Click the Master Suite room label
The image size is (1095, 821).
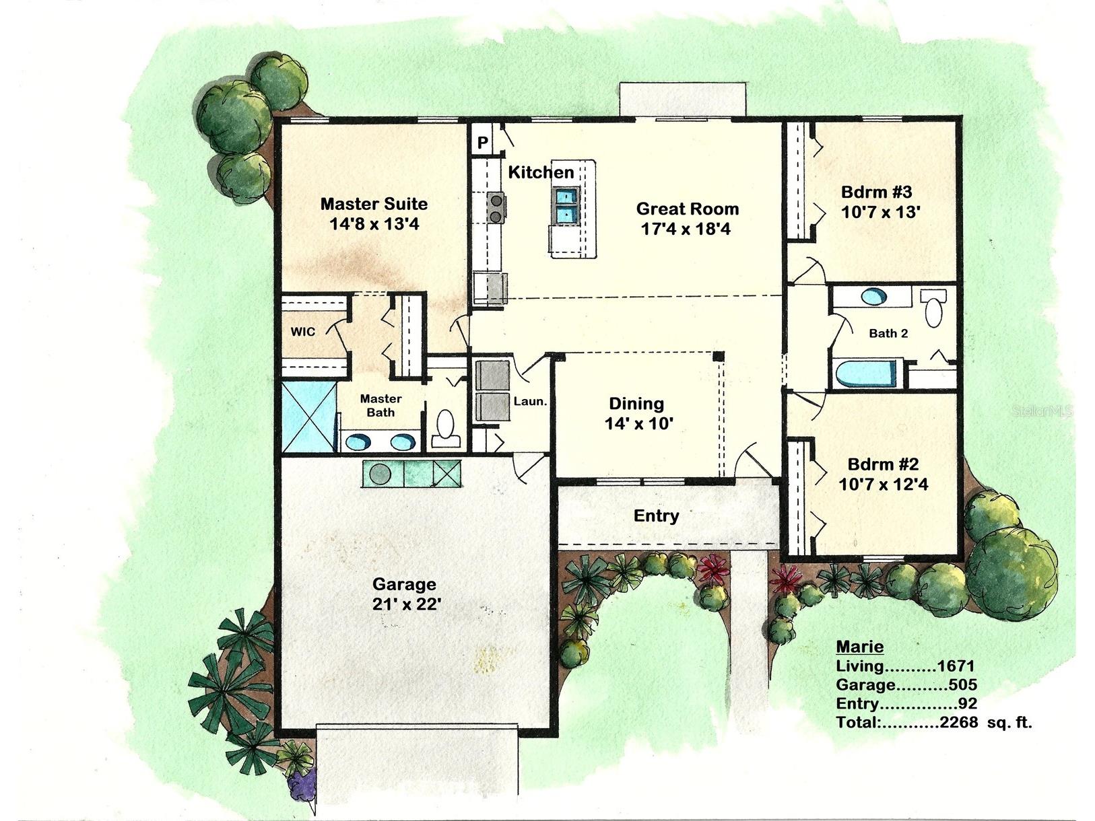point(374,203)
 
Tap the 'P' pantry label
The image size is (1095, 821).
point(482,143)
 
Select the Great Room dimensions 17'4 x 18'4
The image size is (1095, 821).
point(686,229)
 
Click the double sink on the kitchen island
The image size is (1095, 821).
point(566,205)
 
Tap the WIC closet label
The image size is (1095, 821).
point(303,332)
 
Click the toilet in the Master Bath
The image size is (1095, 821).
point(445,427)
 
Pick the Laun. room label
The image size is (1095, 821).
point(530,401)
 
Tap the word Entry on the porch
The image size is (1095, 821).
point(656,516)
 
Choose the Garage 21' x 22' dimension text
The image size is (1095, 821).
point(406,604)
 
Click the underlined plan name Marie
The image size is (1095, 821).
point(859,647)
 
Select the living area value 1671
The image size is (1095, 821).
point(956,666)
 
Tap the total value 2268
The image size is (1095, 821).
point(958,723)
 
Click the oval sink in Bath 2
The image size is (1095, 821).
point(874,297)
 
